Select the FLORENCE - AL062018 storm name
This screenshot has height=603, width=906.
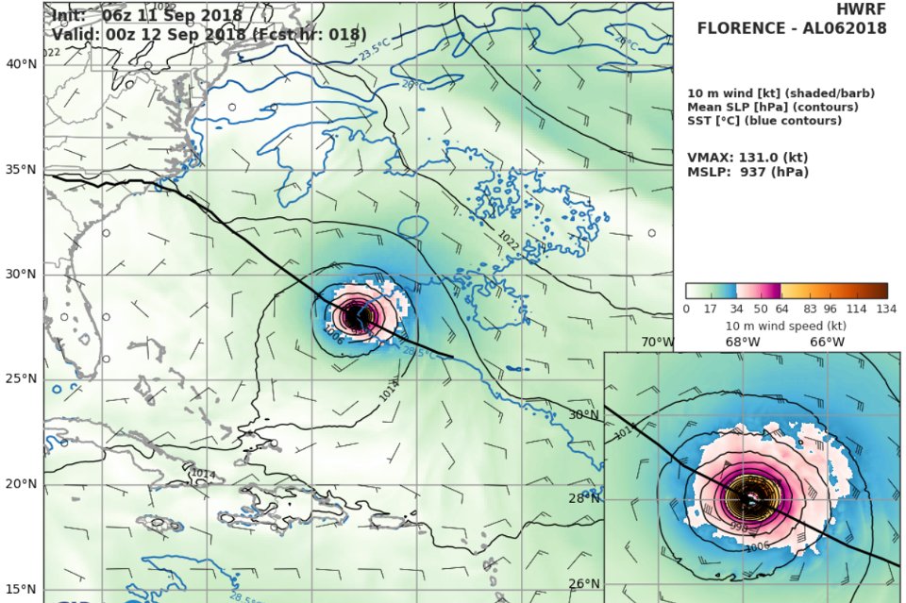pos(792,27)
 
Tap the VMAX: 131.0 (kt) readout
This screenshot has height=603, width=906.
pos(747,158)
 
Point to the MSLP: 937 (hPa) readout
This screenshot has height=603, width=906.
pos(747,172)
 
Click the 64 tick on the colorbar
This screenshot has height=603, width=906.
pos(780,309)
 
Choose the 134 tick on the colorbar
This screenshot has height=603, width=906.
pos(886,309)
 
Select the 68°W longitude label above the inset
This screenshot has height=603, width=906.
pos(743,342)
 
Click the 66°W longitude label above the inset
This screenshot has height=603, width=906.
pos(827,342)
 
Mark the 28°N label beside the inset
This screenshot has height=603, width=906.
pos(584,498)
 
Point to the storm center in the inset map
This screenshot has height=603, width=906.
pos(750,497)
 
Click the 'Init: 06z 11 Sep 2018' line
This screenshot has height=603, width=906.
pos(146,16)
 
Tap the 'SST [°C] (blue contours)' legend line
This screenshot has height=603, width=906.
pos(765,121)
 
